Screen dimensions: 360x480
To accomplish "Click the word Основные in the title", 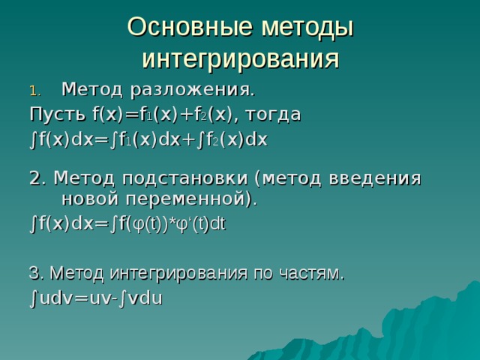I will point(187,26).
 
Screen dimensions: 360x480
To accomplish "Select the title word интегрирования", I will point(240,58).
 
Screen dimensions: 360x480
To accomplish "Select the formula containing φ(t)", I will point(127,224).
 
